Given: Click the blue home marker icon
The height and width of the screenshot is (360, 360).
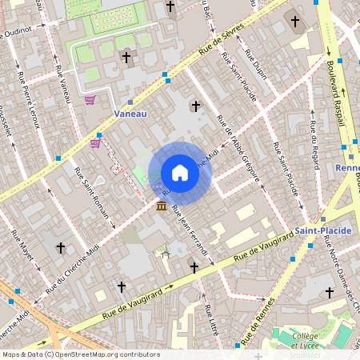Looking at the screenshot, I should pyautogui.click(x=180, y=173).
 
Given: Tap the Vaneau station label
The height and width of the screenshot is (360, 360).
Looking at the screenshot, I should pyautogui.click(x=131, y=114).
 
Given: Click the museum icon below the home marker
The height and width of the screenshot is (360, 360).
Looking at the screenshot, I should pyautogui.click(x=162, y=206).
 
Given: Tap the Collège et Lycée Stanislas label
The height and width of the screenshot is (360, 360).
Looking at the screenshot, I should pyautogui.click(x=305, y=341).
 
